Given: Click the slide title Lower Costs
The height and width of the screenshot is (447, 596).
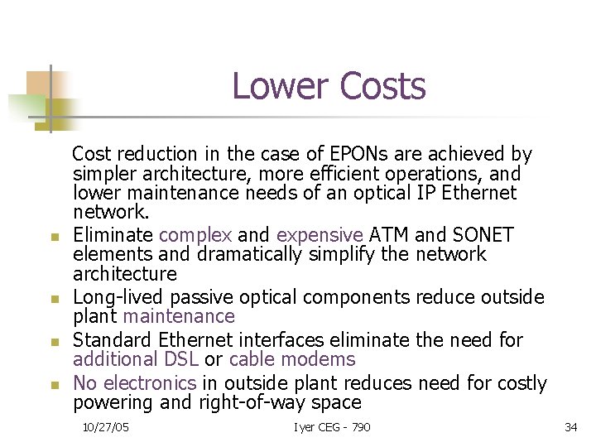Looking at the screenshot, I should coord(329,86).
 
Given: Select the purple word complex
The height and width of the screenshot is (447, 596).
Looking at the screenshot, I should coord(195,235).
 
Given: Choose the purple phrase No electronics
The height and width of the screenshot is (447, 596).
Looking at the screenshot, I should coord(135,383).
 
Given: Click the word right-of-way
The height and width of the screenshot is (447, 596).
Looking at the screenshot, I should coord(258,403).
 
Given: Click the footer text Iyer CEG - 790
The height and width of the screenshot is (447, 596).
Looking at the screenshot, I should coord(332,427).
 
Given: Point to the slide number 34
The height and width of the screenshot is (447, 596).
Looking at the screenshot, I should coord(570,427).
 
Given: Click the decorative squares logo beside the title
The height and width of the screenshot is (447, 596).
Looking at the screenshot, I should coord(43,98).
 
